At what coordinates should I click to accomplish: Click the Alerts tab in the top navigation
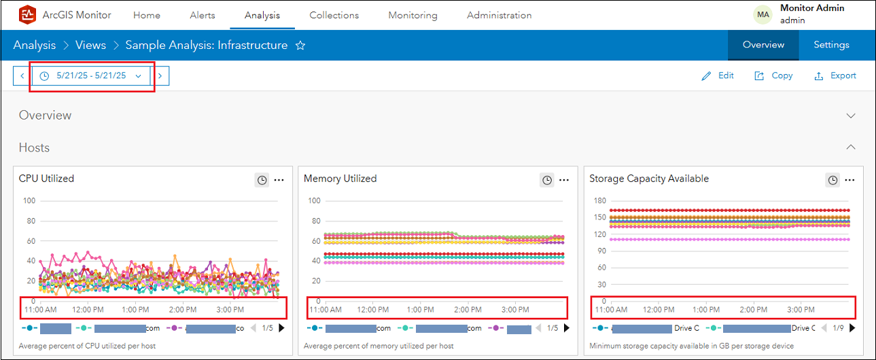(203, 15)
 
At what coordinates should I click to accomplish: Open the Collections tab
(334, 15)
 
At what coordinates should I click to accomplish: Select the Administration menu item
(499, 15)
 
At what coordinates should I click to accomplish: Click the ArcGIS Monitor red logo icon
(27, 14)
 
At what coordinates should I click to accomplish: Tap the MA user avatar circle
(763, 14)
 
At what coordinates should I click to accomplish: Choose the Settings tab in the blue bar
(831, 45)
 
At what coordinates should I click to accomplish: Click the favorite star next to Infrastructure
(300, 46)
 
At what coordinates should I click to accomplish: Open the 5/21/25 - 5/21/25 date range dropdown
(91, 76)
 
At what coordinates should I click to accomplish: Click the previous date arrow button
(22, 76)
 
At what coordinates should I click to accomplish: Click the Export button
(835, 76)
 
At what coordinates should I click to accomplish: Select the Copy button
(773, 76)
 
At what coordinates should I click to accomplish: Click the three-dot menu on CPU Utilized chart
(279, 180)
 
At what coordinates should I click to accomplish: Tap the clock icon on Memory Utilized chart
(546, 180)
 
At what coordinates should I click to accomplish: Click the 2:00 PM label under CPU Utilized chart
(182, 310)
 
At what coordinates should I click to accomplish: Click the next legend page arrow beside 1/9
(852, 328)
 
